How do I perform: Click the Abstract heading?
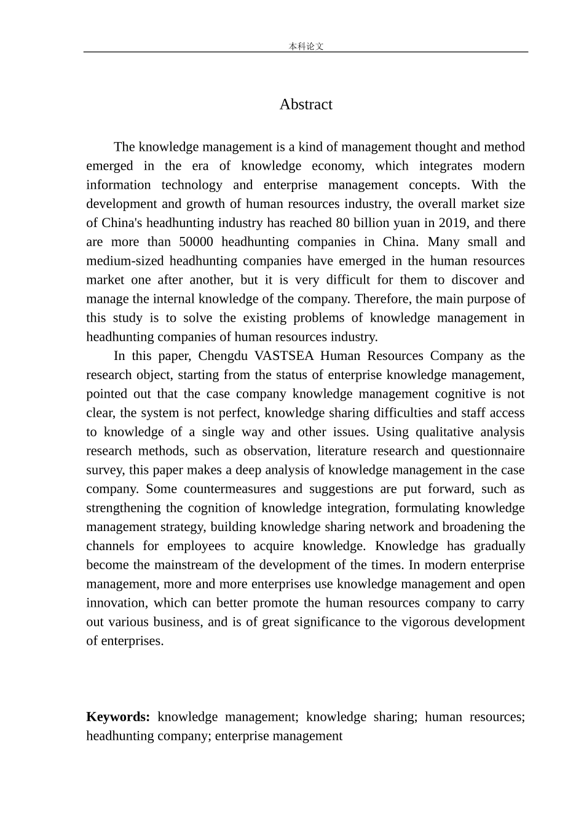click(306, 105)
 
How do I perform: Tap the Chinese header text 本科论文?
click(306, 46)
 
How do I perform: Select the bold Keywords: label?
click(118, 717)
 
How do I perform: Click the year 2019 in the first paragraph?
click(452, 223)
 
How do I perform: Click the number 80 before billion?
click(343, 223)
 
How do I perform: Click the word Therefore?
click(382, 299)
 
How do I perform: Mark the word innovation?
click(116, 603)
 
